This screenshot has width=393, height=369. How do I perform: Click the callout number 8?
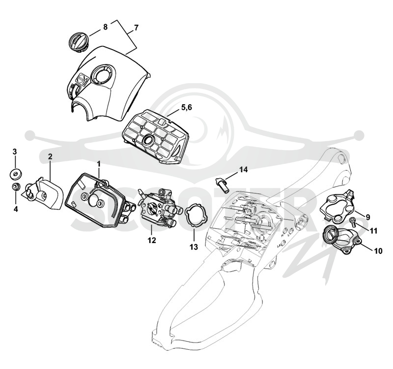105,27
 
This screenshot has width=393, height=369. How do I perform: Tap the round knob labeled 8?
78,43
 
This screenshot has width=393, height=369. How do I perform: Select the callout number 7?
136,28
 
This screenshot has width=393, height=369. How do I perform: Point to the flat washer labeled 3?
15,174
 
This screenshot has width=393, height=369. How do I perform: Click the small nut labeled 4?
16,187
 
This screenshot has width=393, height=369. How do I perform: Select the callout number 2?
50,157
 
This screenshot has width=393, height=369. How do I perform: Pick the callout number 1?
99,164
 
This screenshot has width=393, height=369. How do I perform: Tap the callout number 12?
152,240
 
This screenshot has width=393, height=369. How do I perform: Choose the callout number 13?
194,247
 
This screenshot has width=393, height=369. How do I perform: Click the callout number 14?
243,170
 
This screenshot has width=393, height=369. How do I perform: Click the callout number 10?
378,250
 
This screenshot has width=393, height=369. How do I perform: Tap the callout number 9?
367,217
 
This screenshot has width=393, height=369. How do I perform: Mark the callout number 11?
373,230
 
